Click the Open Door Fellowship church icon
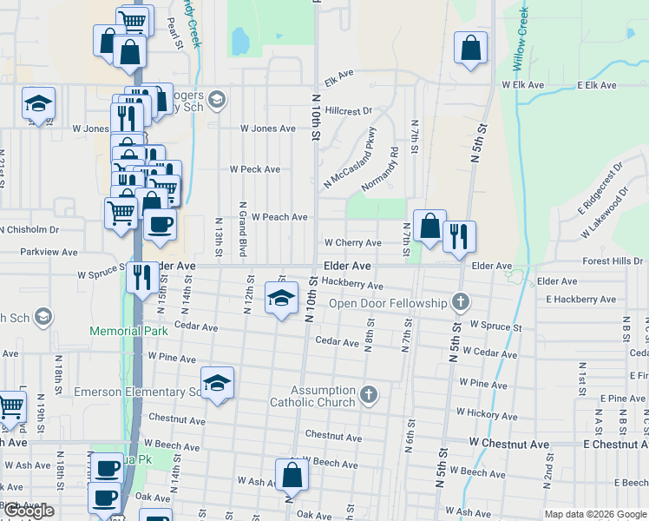[x=460, y=303]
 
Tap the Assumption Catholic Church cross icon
[x=369, y=396]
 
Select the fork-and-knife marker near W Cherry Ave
[x=459, y=237]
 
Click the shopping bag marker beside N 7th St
[x=429, y=228]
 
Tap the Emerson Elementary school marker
[x=217, y=383]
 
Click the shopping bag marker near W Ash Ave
[x=292, y=475]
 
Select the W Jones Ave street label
[x=268, y=129]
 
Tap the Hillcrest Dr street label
[x=349, y=111]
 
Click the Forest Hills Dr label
[x=613, y=260]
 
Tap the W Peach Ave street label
[x=279, y=217]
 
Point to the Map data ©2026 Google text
[x=595, y=514]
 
